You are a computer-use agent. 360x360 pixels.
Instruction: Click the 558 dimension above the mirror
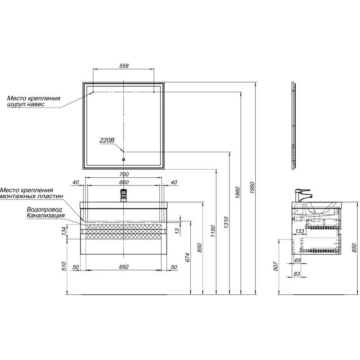pyautogui.click(x=124, y=66)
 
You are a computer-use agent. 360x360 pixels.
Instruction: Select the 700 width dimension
pyautogui.click(x=124, y=175)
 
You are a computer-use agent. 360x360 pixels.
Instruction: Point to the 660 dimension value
pyautogui.click(x=124, y=182)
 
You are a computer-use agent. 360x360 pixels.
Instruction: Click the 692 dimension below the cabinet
pyautogui.click(x=124, y=267)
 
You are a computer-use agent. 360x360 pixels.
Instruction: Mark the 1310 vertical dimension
pyautogui.click(x=226, y=221)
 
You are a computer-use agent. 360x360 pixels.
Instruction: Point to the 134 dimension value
pyautogui.click(x=64, y=231)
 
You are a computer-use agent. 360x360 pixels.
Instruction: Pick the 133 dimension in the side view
pyautogui.click(x=299, y=231)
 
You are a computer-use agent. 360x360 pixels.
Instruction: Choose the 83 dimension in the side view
pyautogui.click(x=297, y=274)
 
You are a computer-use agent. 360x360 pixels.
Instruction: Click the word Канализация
pyautogui.click(x=45, y=216)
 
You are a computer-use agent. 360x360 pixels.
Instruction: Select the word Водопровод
pyautogui.click(x=45, y=210)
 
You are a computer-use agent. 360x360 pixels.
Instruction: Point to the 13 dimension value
pyautogui.click(x=177, y=231)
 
